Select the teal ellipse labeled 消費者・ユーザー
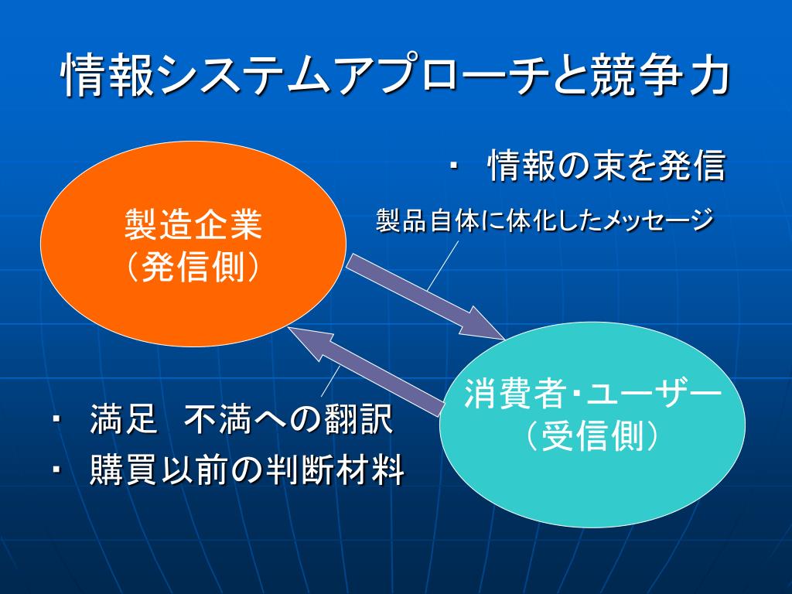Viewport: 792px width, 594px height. pos(673,480)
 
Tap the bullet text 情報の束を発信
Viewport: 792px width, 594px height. pos(606,166)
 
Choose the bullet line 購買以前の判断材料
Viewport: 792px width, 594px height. pos(247,469)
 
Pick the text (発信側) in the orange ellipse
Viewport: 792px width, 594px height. pos(193,267)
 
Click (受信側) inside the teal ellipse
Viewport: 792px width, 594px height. pos(592,437)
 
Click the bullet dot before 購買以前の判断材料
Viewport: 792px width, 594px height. pos(57,470)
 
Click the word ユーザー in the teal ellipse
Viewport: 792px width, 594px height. pos(653,395)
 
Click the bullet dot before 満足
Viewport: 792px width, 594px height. pos(57,421)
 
